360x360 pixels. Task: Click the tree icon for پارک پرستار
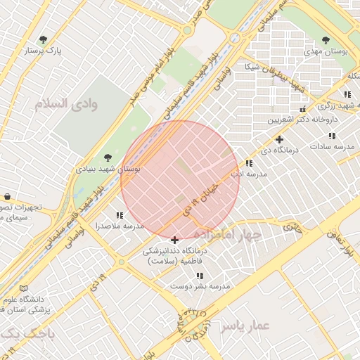44,39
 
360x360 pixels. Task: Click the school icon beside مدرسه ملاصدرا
119,215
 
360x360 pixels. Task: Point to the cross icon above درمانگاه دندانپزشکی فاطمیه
174,240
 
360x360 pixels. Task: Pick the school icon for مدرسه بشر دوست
200,276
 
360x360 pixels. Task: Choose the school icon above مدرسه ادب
248,163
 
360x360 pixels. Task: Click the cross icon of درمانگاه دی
279,139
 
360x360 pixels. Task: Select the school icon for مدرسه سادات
331,136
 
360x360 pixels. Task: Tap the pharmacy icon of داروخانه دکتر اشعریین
302,110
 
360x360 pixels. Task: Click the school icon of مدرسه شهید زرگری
347,94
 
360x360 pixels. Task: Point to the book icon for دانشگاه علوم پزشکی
25,288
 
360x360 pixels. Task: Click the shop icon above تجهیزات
6,196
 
